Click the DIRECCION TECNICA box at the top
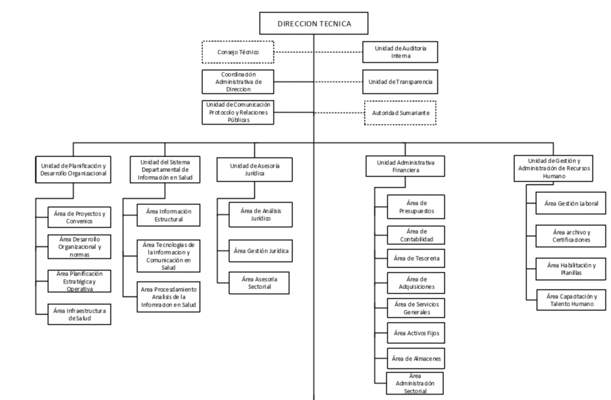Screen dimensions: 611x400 click(314, 23)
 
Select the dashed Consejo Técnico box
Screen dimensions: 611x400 click(237, 52)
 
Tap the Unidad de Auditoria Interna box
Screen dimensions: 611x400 click(400, 52)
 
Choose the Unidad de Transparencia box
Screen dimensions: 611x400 click(400, 82)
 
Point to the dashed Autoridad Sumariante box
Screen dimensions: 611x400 click(400, 113)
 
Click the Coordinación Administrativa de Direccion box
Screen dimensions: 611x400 click(237, 82)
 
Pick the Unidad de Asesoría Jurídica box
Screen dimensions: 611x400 click(254, 170)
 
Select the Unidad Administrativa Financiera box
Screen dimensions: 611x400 click(405, 167)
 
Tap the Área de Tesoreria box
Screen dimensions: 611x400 click(416, 258)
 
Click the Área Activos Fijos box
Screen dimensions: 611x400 click(416, 333)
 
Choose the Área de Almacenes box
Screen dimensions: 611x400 click(416, 359)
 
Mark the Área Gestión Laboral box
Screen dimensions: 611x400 click(571, 203)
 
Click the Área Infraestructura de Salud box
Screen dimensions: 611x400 click(79, 314)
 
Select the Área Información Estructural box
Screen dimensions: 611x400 click(169, 215)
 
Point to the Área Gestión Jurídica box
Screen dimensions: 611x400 click(261, 251)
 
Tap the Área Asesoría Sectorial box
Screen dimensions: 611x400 click(259, 283)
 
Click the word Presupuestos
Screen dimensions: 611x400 click(416, 211)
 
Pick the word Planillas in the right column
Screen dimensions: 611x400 click(571, 272)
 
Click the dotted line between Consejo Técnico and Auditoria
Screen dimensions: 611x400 click(319, 52)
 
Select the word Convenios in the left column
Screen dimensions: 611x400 click(79, 221)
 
